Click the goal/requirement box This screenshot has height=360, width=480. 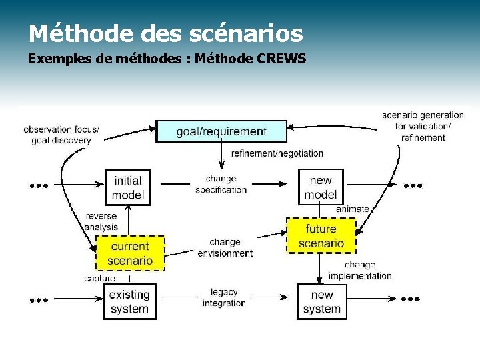[x=221, y=131]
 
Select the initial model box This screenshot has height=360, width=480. [x=127, y=187]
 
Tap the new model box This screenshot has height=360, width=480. [x=321, y=187]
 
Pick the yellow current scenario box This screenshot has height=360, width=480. [x=130, y=253]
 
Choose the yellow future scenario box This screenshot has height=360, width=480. [x=321, y=236]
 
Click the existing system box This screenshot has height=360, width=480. [x=129, y=301]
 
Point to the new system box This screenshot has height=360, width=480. [x=321, y=301]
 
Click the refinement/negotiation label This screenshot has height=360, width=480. [x=277, y=153]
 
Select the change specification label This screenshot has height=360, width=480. [x=221, y=184]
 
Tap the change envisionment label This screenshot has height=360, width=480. [x=225, y=247]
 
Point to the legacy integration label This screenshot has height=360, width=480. [x=224, y=297]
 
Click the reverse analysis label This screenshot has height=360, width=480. [x=101, y=221]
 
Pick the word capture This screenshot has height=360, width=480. [x=99, y=278]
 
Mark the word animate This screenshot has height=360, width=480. [x=352, y=209]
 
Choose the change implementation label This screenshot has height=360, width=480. [x=360, y=270]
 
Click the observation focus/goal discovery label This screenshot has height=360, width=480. [x=61, y=135]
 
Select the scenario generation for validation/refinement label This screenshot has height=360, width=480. [x=423, y=126]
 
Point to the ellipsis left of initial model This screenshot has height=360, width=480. [x=39, y=186]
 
